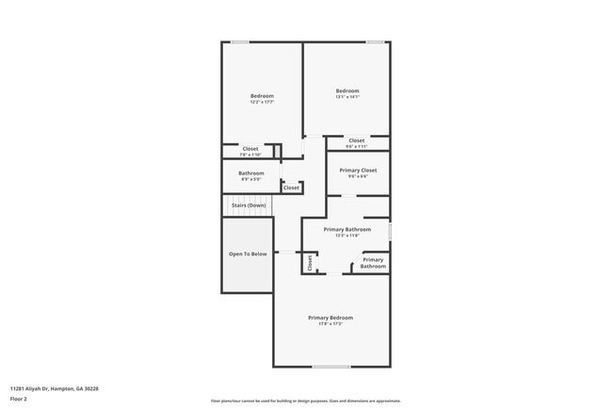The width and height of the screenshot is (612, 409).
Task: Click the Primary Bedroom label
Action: coord(330,318)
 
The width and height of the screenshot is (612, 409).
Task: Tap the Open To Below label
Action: coord(248,254)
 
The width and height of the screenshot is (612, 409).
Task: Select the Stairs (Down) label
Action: coord(250,204)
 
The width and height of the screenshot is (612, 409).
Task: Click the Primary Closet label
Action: coord(356,170)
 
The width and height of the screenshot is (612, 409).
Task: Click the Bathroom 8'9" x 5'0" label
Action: coord(250,173)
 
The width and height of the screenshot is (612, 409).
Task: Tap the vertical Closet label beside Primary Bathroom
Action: coord(309,263)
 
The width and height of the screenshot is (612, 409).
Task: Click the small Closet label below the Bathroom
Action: coord(291,188)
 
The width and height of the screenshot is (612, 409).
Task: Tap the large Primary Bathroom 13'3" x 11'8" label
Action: coord(346,229)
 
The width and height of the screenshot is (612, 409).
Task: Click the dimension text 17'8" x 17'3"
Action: coord(330,323)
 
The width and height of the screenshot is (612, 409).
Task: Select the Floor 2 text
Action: coord(19,399)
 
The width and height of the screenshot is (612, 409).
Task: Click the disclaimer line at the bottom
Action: coord(306,401)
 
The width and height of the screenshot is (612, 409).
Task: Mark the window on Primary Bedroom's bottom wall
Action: coord(330,367)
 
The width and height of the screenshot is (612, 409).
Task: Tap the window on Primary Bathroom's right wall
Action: coord(390,231)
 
